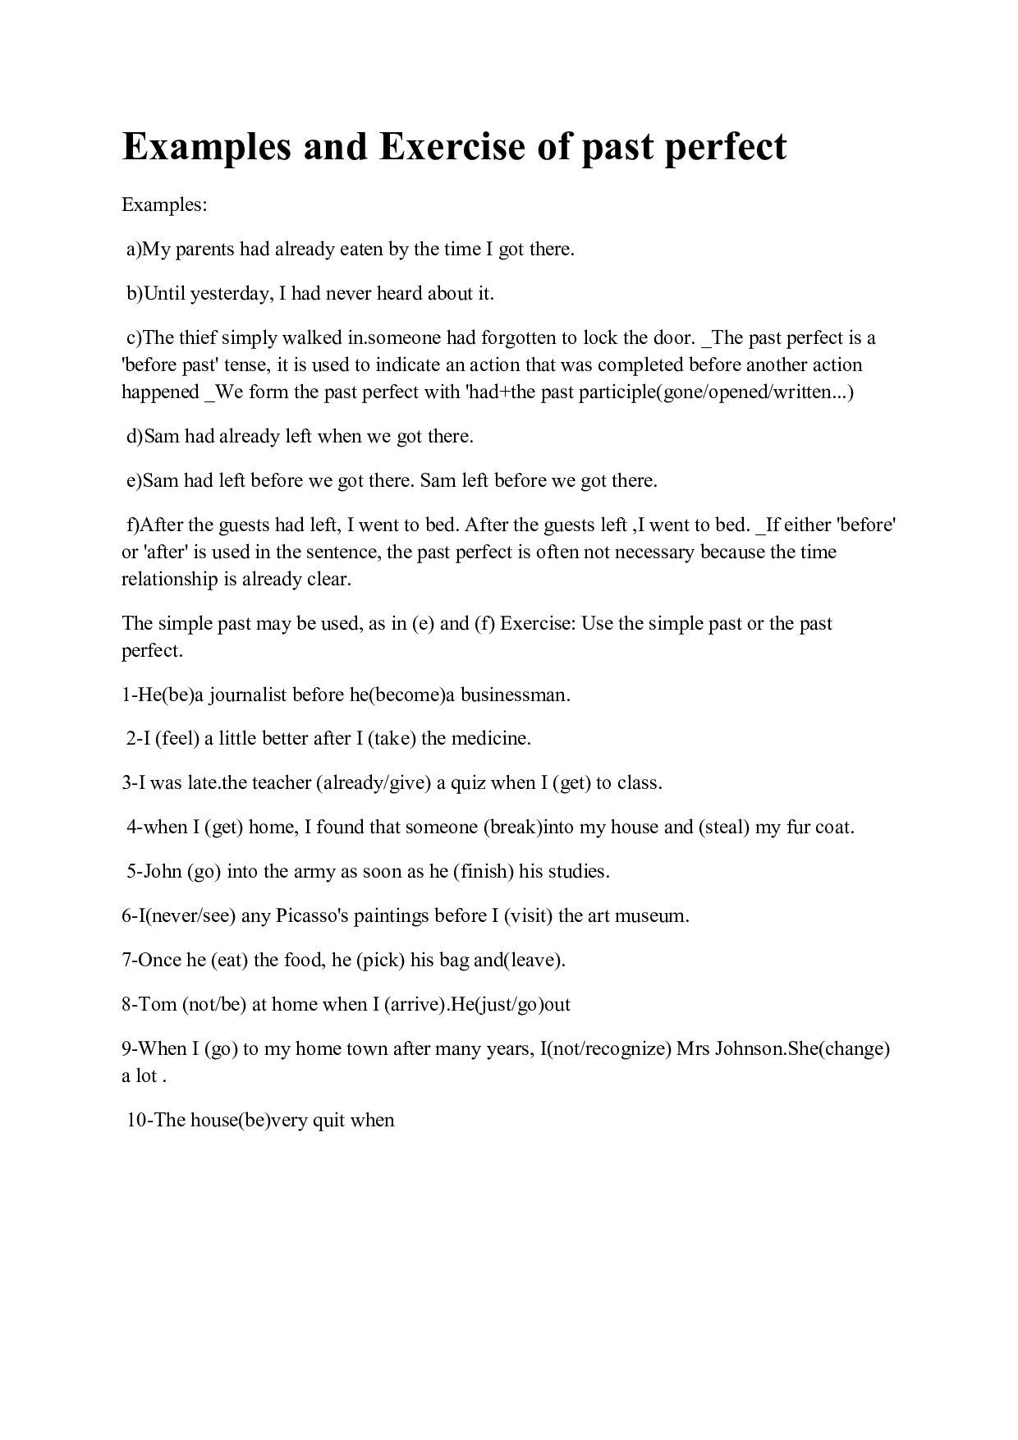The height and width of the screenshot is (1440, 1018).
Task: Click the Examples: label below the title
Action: coord(164,205)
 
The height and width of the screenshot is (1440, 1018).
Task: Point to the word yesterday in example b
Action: coord(230,294)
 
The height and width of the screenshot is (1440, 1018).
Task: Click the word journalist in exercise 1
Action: coord(247,695)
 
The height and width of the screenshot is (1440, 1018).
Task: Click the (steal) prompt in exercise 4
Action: coord(723,828)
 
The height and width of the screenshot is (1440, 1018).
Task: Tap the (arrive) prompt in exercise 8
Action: coord(415,1005)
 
